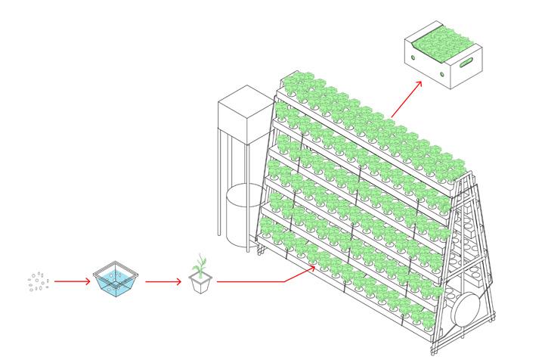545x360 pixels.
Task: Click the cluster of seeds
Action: point(39,281)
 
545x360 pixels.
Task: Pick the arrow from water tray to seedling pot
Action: point(163,282)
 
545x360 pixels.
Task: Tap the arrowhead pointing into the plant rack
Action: point(312,265)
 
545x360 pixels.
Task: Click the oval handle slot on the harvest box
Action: point(466,61)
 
